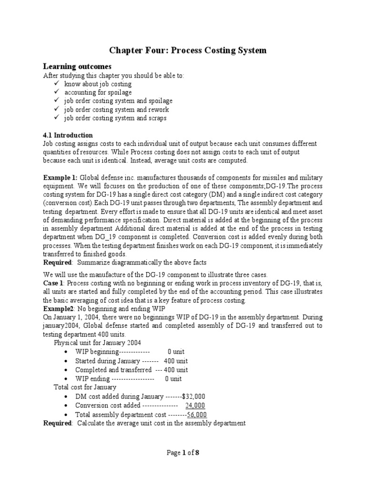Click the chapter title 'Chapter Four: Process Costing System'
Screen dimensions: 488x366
pyautogui.click(x=188, y=50)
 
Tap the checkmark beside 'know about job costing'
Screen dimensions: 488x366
pyautogui.click(x=57, y=84)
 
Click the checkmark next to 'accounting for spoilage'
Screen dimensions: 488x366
pyautogui.click(x=57, y=92)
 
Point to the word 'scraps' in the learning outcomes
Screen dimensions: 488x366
pyautogui.click(x=157, y=118)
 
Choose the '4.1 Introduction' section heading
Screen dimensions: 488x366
pyautogui.click(x=68, y=135)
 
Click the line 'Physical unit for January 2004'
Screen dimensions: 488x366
pyautogui.click(x=97, y=343)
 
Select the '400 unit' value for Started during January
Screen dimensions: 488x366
pyautogui.click(x=175, y=361)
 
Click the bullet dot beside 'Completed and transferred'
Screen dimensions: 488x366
pyautogui.click(x=65, y=370)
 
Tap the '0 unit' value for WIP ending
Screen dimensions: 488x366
pyautogui.click(x=173, y=379)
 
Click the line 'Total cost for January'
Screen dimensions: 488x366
pyautogui.click(x=85, y=387)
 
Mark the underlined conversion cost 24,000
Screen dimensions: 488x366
pyautogui.click(x=195, y=406)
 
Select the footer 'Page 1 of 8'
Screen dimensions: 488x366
pyautogui.click(x=183, y=453)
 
